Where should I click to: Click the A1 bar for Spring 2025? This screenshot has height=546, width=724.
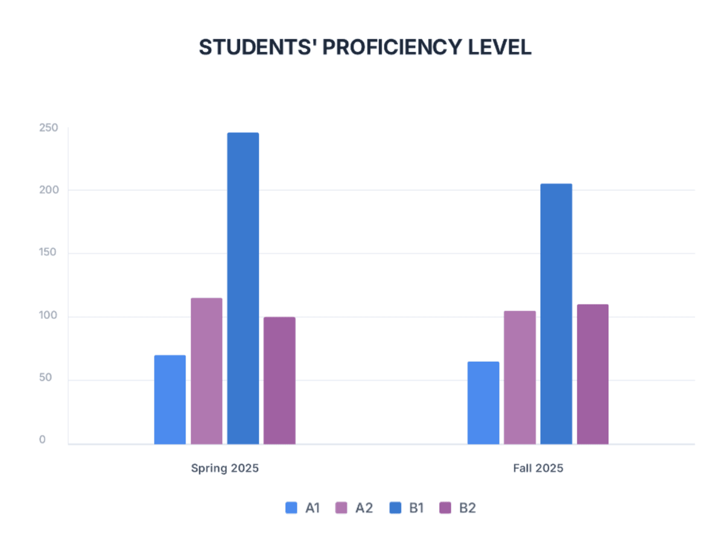[x=170, y=400]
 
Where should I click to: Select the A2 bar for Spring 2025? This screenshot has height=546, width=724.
[x=206, y=371]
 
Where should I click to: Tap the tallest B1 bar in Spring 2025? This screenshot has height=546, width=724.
[x=243, y=289]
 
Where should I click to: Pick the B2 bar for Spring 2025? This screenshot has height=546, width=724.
[x=279, y=381]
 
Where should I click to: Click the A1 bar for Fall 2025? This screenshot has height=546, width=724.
[x=483, y=403]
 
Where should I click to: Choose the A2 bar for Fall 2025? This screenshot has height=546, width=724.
[x=519, y=377]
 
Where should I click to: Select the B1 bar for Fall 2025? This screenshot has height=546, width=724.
[x=556, y=314]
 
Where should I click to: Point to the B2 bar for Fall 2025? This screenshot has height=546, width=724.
[x=592, y=374]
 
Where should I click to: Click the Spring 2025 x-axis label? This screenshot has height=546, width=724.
[x=224, y=468]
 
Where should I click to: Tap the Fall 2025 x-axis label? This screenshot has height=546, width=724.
[x=538, y=468]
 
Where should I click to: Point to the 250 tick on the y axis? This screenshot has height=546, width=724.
[x=48, y=128]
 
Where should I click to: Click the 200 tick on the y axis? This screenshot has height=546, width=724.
[x=48, y=190]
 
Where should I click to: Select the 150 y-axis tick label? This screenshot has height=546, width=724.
[x=48, y=253]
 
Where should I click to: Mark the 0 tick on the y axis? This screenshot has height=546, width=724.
[x=43, y=440]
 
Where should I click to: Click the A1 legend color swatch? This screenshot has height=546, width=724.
[x=291, y=508]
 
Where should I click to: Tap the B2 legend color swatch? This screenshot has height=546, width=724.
[x=446, y=508]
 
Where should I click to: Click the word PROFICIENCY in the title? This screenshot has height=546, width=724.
[x=392, y=47]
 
